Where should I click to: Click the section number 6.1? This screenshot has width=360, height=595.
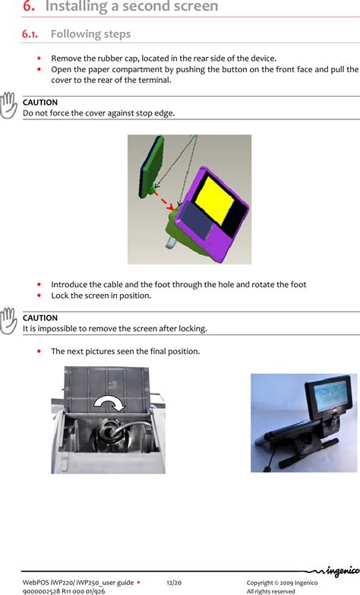(30, 34)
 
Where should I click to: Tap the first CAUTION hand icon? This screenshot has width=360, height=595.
(8, 106)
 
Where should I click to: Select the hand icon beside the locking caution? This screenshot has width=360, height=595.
(8, 321)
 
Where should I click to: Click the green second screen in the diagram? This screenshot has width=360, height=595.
(152, 166)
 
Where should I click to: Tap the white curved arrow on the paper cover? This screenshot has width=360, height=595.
(110, 404)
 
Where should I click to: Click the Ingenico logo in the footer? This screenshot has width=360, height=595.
(335, 571)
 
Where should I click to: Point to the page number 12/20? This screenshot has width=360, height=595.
(174, 583)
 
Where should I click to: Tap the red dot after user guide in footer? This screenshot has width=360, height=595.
(138, 583)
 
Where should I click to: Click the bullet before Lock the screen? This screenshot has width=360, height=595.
(39, 296)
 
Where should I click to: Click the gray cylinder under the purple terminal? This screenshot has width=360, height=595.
(171, 242)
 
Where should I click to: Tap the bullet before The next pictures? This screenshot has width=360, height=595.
(39, 351)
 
